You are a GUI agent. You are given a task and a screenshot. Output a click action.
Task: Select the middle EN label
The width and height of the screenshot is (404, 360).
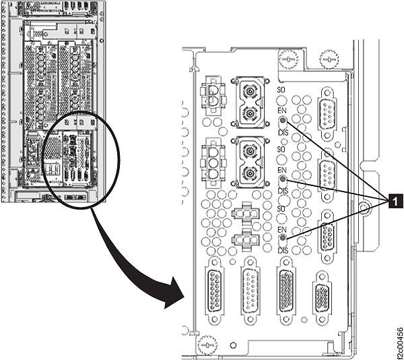(283, 170)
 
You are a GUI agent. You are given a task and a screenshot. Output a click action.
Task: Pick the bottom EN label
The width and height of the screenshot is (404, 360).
(283, 230)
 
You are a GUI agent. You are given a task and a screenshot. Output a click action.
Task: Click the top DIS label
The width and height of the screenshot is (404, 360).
(283, 133)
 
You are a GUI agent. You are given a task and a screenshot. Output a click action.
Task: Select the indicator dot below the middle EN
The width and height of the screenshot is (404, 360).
(283, 180)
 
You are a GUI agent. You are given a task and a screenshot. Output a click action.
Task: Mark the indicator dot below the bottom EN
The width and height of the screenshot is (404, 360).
(283, 239)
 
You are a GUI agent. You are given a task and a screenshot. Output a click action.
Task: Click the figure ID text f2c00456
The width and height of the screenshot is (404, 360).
(398, 338)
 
